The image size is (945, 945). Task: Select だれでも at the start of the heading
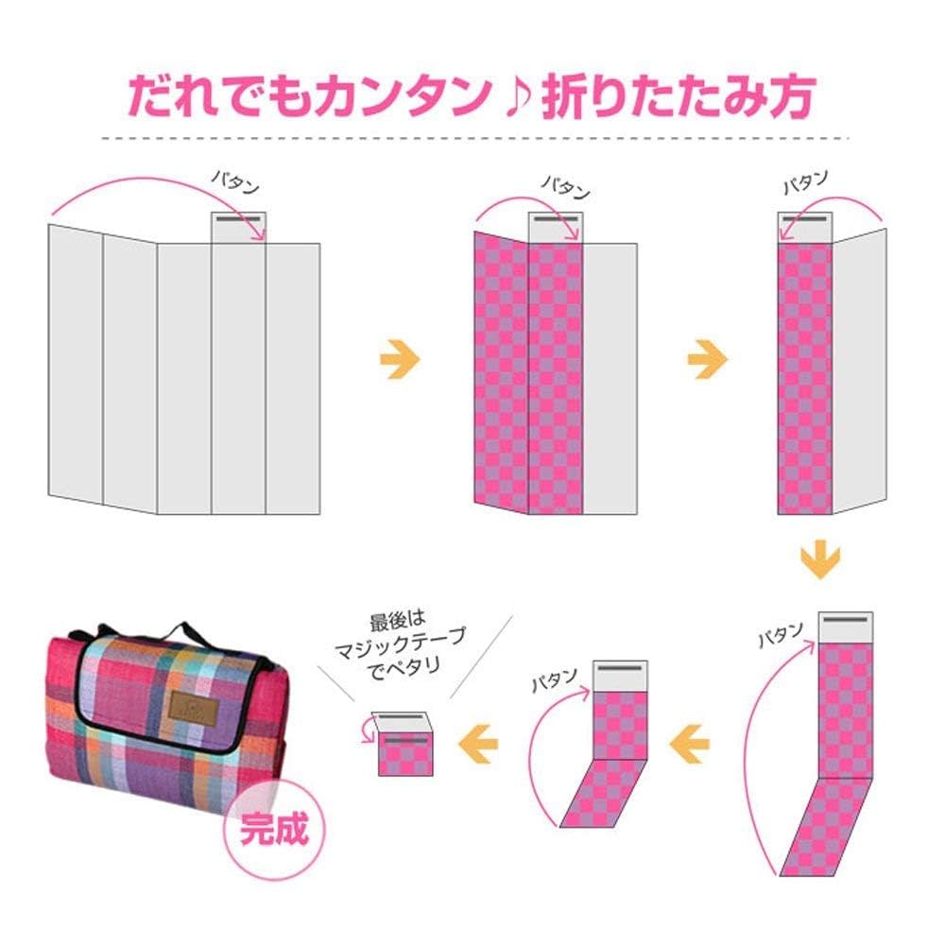(211, 95)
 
